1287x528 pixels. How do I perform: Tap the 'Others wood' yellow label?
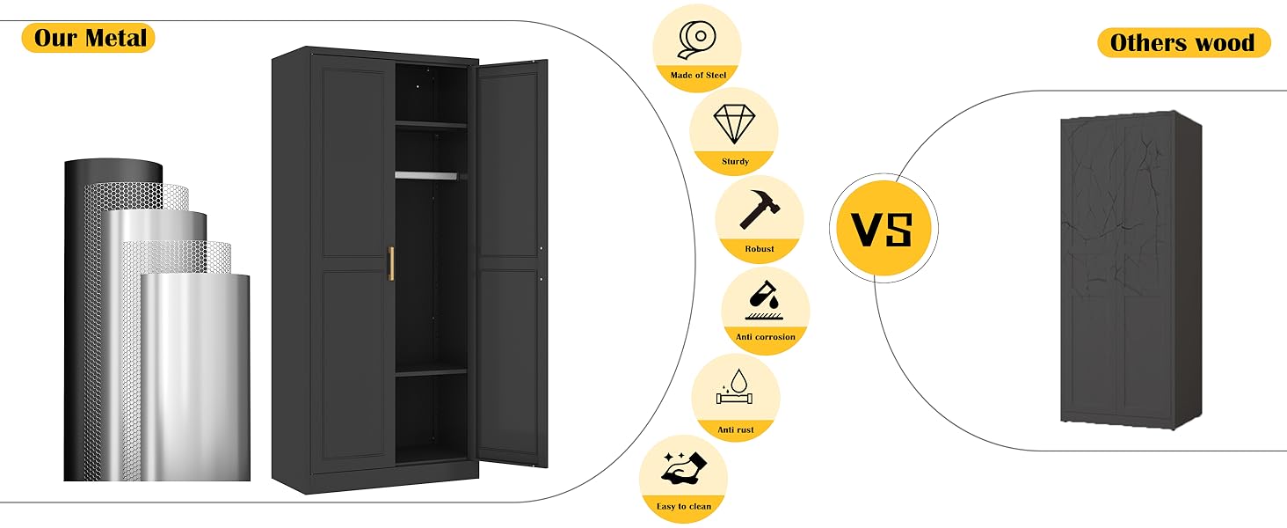(x=1182, y=42)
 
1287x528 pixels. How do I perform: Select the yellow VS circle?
(x=882, y=228)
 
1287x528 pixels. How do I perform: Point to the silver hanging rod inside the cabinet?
(x=426, y=175)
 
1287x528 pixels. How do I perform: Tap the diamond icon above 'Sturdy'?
(x=734, y=125)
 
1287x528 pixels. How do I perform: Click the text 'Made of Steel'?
(x=698, y=76)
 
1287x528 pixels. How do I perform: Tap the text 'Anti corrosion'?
(x=766, y=337)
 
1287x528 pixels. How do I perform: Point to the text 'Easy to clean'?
(x=683, y=507)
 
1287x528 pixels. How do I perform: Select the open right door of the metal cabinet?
(x=513, y=264)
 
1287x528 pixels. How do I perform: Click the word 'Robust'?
(x=760, y=249)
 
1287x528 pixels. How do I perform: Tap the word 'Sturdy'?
(x=735, y=162)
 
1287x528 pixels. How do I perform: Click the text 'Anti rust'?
(x=736, y=429)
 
